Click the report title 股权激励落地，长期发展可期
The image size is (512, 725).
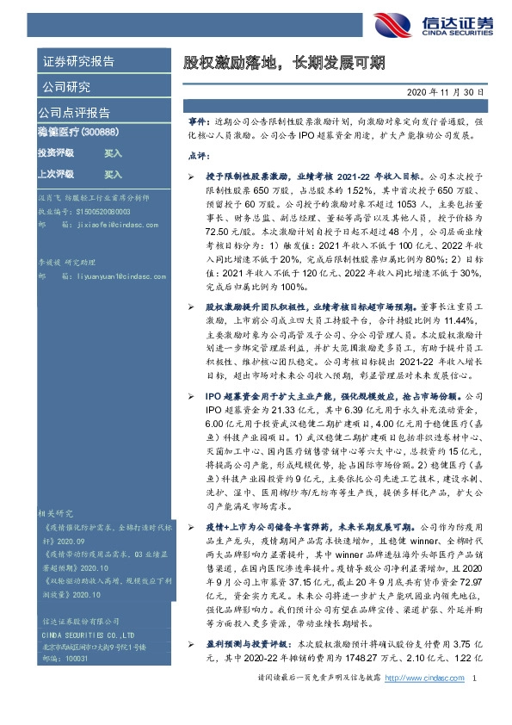coord(283,63)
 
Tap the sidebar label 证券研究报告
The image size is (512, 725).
coord(78,62)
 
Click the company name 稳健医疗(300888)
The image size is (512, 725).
coord(77,132)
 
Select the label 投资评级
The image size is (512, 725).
coord(56,152)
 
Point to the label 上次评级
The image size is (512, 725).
coord(56,174)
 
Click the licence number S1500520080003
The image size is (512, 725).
coord(100,210)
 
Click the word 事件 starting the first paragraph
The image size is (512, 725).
coord(197,123)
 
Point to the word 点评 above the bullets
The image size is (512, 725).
coord(197,157)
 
